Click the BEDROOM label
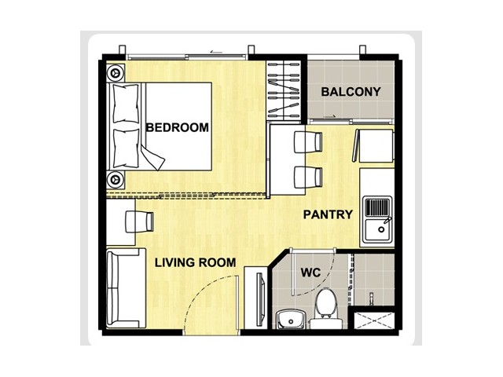177,127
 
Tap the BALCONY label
351,92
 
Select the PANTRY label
328,214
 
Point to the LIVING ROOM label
196,263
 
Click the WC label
310,273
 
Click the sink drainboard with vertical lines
378,207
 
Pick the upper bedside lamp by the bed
116,73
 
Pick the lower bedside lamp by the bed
116,180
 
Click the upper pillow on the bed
126,103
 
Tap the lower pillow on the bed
127,148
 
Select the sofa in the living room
126,288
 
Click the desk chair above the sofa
139,221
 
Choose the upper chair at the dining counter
308,141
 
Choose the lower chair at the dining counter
308,177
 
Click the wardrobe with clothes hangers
284,91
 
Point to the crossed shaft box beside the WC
374,320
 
